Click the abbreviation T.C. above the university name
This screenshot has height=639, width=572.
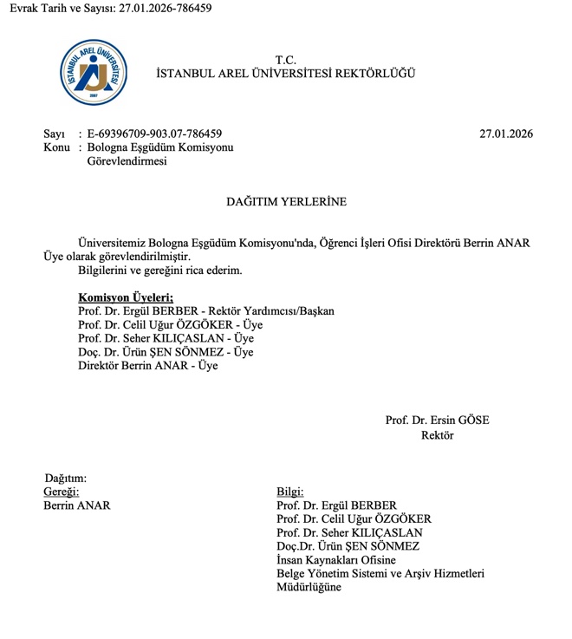pos(286,60)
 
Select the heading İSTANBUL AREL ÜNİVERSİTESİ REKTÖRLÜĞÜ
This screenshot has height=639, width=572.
pos(285,74)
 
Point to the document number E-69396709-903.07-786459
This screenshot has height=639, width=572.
pos(154,134)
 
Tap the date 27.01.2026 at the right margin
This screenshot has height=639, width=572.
pos(506,134)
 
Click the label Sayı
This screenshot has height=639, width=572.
pos(54,134)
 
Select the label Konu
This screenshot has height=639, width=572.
pos(56,147)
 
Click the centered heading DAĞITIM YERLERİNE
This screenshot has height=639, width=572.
pos(286,201)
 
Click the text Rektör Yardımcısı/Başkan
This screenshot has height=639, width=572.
pos(272,311)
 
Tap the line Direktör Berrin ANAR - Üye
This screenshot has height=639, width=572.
pos(148,367)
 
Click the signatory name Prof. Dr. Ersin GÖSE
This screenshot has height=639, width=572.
pos(437,421)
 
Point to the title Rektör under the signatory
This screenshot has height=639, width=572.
pos(437,434)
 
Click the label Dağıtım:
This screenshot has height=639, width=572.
pos(66,478)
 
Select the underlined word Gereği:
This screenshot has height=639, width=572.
pos(61,492)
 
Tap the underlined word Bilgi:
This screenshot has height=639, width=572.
pos(290,492)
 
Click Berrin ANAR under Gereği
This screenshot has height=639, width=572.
pos(77,505)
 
